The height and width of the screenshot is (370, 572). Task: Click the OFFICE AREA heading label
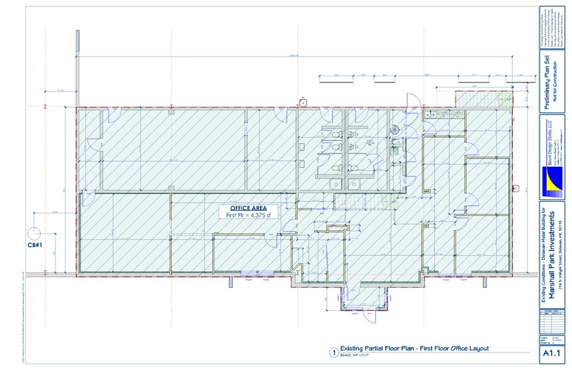click(x=249, y=208)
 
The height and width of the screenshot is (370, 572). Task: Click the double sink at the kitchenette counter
click(x=434, y=115)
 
